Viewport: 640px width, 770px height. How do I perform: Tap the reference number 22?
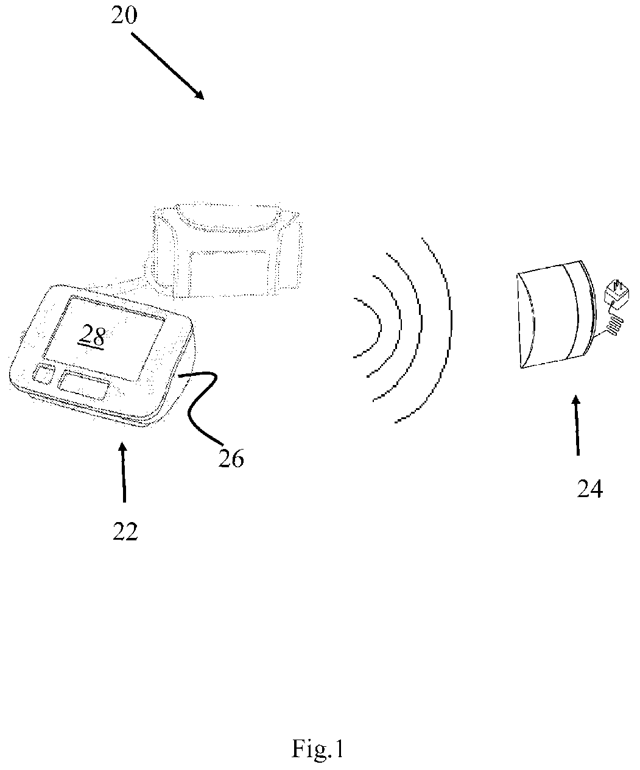(125, 532)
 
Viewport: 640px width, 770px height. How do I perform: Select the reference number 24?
(590, 488)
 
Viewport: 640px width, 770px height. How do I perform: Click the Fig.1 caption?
(317, 749)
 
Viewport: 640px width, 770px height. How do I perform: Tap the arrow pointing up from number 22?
(124, 472)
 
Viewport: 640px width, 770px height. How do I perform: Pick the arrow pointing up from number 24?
(575, 426)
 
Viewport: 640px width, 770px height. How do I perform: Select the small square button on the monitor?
(42, 374)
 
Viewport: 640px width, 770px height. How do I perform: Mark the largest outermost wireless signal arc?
(445, 329)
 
